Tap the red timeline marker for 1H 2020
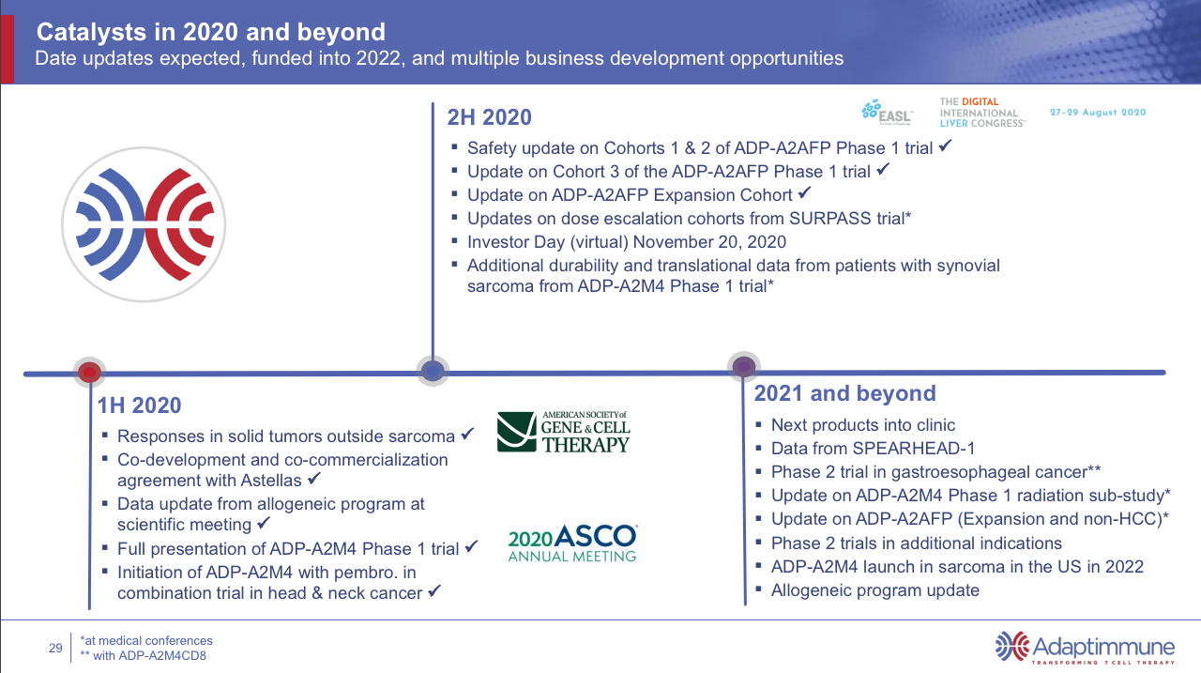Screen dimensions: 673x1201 [x=89, y=372]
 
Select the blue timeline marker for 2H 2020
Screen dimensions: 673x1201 [x=432, y=371]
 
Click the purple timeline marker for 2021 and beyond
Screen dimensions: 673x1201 [x=743, y=366]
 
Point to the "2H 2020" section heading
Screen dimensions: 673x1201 [x=489, y=117]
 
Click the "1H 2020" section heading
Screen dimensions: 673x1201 [x=139, y=405]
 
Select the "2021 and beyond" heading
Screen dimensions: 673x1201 [x=844, y=393]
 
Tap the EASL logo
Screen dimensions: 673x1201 [x=887, y=111]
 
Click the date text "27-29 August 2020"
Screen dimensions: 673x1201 [x=1097, y=113]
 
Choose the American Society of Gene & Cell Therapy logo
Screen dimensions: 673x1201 [x=563, y=431]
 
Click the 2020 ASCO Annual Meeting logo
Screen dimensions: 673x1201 [x=572, y=543]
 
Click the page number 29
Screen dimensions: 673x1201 [x=55, y=648]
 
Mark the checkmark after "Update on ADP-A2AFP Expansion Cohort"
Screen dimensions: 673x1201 [x=804, y=193]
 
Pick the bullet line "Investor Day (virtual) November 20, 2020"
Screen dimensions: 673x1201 [x=626, y=242]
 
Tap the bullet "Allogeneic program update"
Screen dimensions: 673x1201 [x=874, y=590]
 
